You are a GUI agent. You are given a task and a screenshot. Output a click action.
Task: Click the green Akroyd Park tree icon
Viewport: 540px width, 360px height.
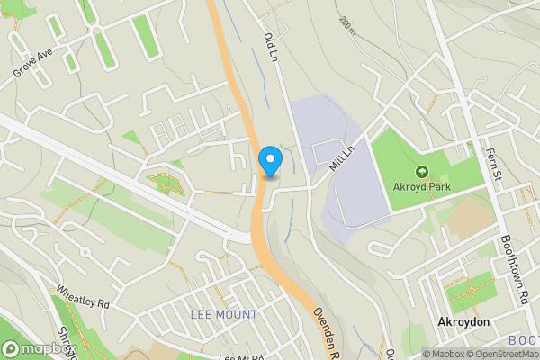point(421,171)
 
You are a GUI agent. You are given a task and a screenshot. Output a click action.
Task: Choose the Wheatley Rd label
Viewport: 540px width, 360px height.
point(82,298)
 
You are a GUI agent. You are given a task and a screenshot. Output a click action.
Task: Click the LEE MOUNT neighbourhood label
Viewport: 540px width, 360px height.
point(224,315)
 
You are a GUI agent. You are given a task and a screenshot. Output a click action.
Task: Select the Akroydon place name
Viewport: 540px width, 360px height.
point(462,322)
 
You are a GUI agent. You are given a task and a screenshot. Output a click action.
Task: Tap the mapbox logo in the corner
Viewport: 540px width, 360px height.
point(36,348)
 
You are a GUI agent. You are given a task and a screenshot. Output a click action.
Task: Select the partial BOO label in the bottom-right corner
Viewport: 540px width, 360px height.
point(523,340)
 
